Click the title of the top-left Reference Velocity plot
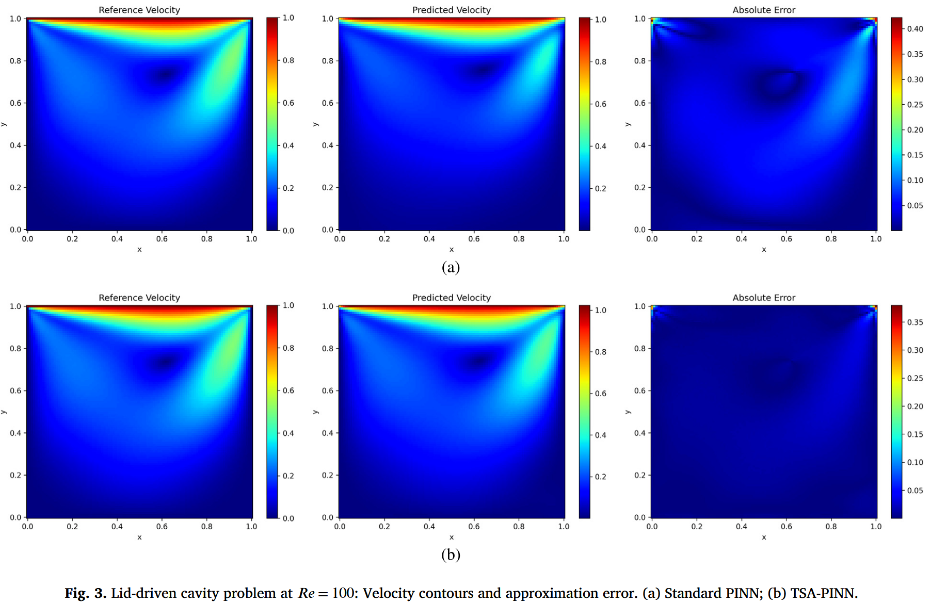139,10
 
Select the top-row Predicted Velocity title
451,10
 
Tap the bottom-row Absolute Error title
764,298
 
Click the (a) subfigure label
451,267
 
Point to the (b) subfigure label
451,555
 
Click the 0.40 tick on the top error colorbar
915,29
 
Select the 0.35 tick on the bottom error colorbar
915,322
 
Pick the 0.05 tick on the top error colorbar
915,206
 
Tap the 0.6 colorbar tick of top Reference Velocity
288,103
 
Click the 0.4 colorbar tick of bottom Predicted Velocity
601,435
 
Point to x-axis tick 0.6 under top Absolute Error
786,239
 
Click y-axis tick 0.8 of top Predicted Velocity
328,61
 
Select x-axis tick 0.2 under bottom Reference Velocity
72,527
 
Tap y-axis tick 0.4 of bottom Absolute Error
640,433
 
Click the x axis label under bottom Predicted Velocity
451,537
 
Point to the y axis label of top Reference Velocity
4,124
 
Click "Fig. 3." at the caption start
85,593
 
